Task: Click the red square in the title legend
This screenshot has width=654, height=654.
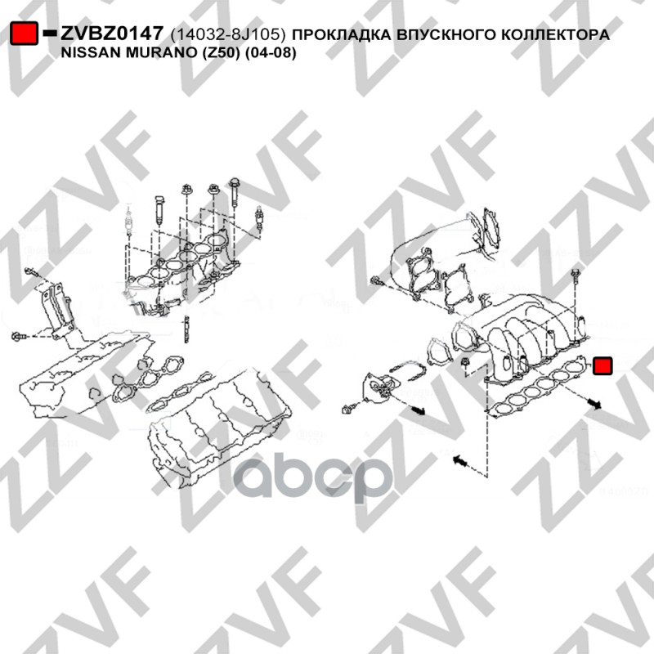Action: click(24, 33)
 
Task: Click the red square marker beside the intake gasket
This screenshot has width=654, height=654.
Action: click(602, 365)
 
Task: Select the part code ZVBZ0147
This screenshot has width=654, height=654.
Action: click(112, 34)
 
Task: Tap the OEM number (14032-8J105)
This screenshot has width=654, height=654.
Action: click(228, 34)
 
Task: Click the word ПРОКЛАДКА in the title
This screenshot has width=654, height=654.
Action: click(342, 34)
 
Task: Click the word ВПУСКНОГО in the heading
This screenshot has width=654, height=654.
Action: click(446, 34)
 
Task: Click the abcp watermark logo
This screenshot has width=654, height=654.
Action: click(312, 478)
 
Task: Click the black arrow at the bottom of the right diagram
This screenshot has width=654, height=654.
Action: click(460, 461)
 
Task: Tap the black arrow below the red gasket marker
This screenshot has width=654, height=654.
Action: click(595, 403)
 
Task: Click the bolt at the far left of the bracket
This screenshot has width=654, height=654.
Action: click(19, 336)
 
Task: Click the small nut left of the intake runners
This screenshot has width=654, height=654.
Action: click(465, 362)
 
